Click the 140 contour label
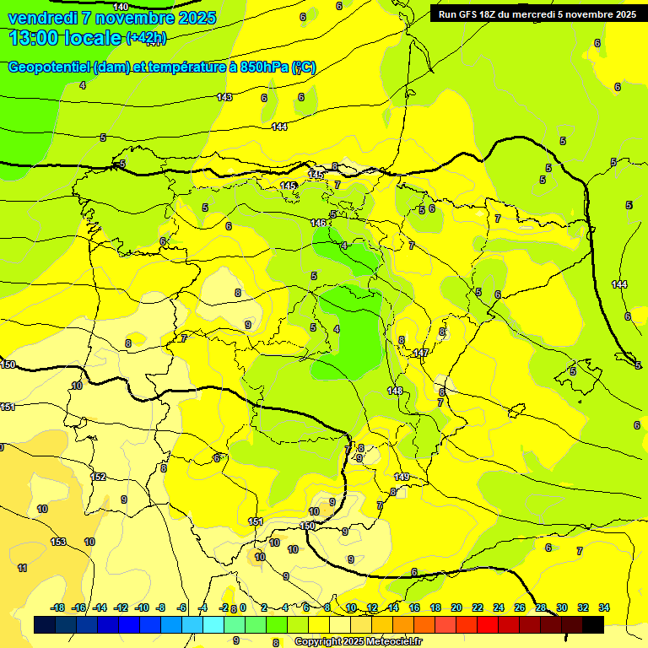click(x=121, y=7)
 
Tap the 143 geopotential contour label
click(x=224, y=98)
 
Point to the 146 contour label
click(x=318, y=223)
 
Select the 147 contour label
click(x=421, y=354)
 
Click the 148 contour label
click(x=395, y=391)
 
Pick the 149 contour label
click(x=402, y=478)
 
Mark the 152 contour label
click(x=99, y=478)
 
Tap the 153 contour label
click(x=58, y=542)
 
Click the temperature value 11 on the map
click(x=22, y=568)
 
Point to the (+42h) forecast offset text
click(x=146, y=38)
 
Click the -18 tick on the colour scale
click(x=58, y=607)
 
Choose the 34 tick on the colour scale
click(x=604, y=607)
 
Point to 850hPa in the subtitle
click(x=263, y=67)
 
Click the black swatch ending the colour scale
click(x=593, y=624)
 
